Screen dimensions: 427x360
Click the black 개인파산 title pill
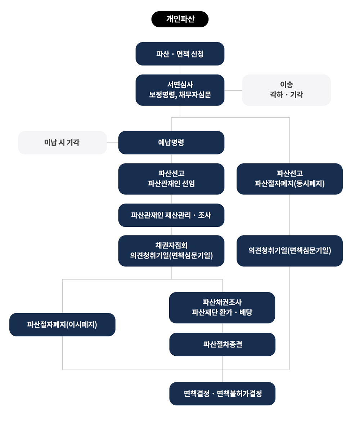(x=180, y=19)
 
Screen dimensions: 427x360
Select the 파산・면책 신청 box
(x=180, y=54)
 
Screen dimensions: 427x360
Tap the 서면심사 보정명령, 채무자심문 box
(x=180, y=90)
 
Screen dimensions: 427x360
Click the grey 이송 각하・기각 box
(x=286, y=90)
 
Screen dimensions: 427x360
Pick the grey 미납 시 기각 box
(x=62, y=143)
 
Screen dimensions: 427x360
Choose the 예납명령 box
(x=171, y=143)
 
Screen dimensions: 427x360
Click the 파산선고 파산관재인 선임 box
(x=171, y=179)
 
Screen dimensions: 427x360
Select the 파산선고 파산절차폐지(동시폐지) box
(x=289, y=179)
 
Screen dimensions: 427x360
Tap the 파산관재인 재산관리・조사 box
(x=171, y=215)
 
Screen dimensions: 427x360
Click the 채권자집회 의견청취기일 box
(x=171, y=251)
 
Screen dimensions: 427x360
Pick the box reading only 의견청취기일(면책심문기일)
(x=289, y=251)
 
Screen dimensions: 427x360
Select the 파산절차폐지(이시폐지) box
(x=62, y=324)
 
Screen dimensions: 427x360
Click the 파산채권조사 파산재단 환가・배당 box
(x=222, y=307)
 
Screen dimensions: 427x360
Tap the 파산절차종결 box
(x=222, y=344)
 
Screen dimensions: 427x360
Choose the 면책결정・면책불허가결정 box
(x=222, y=394)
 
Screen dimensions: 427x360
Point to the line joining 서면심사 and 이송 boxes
(x=233, y=90)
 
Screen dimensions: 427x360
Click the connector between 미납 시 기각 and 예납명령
(x=112, y=143)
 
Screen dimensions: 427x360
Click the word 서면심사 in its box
(x=180, y=85)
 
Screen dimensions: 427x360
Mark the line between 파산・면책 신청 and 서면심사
(x=180, y=70)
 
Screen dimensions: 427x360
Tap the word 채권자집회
(x=171, y=246)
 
